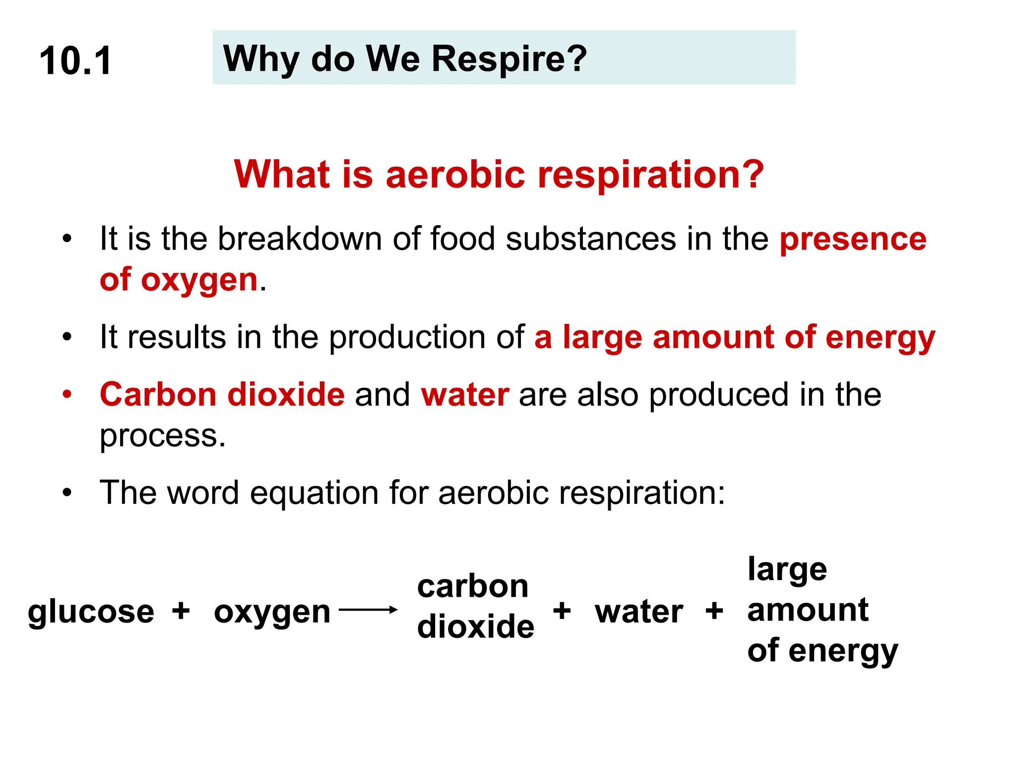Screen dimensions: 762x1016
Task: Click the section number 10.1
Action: [x=75, y=61]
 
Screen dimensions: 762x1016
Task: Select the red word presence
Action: [x=853, y=239]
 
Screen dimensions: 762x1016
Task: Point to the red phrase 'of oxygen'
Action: [x=179, y=280]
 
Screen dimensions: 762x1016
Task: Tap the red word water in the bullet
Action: [x=465, y=395]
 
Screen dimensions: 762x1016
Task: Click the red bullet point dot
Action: [x=67, y=395]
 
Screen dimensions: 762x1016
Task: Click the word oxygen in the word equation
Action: [x=272, y=612]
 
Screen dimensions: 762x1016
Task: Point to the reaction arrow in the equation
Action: [x=368, y=610]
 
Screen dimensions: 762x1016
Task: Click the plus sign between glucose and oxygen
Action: [x=181, y=610]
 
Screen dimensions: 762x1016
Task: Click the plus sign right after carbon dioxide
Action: [x=562, y=610]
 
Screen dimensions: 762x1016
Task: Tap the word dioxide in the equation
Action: [x=475, y=627]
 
